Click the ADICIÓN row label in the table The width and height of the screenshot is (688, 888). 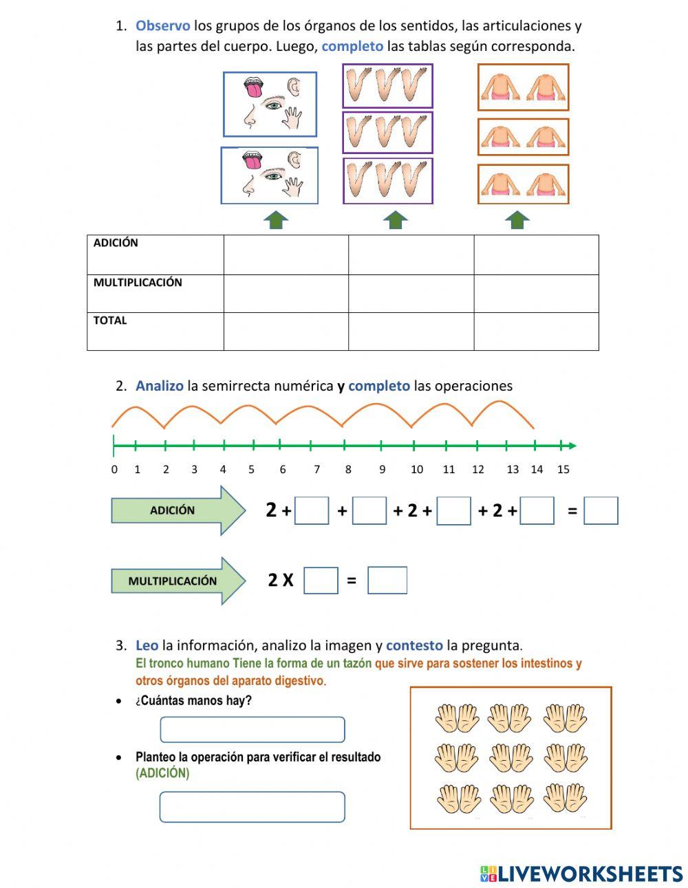tap(116, 243)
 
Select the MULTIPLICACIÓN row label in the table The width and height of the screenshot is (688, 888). tap(138, 283)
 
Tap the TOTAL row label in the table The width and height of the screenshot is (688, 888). tap(110, 321)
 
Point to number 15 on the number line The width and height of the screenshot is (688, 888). tap(563, 469)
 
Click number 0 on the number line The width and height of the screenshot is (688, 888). tap(114, 469)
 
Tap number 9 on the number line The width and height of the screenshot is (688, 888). tap(382, 469)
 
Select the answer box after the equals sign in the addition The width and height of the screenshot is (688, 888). tap(601, 511)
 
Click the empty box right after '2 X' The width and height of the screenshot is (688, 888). tap(321, 581)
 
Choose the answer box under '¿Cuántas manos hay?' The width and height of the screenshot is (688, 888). tap(252, 730)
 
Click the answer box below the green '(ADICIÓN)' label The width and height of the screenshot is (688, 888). tap(252, 807)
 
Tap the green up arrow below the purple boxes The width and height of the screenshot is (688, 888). tap(395, 220)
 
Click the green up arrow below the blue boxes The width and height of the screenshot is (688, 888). tap(276, 220)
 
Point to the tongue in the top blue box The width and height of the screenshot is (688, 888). tap(253, 89)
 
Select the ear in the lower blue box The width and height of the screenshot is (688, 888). tap(295, 160)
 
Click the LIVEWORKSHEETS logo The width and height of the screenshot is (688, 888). tap(581, 874)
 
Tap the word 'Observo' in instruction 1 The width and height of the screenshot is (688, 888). tap(162, 26)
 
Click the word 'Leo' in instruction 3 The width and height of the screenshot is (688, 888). tap(147, 645)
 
